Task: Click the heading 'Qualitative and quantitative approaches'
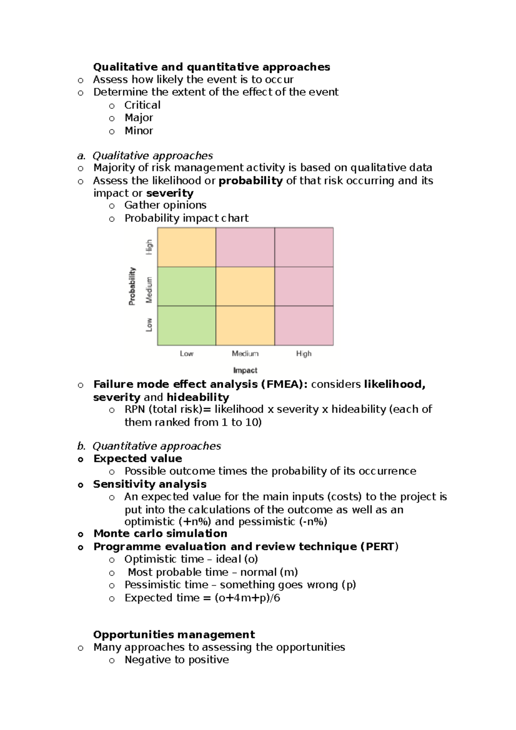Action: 212,67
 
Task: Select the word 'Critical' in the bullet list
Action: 142,105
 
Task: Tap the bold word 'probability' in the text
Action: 251,181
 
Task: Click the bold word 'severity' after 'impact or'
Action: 170,193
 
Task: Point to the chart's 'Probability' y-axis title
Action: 132,286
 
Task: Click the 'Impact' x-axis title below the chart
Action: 245,370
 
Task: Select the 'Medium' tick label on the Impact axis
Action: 245,353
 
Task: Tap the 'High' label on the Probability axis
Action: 149,247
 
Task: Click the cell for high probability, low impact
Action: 187,247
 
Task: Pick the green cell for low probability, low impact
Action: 187,325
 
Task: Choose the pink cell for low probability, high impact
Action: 304,325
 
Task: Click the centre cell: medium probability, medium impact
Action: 245,286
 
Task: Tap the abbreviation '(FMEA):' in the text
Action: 284,384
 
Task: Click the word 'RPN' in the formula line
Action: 135,409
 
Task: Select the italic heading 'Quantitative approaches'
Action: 157,446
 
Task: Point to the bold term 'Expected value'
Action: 138,459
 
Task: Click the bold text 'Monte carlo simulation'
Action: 160,534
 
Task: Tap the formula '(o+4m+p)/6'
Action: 247,598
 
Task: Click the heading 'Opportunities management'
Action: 174,635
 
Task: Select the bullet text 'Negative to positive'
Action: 177,660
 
